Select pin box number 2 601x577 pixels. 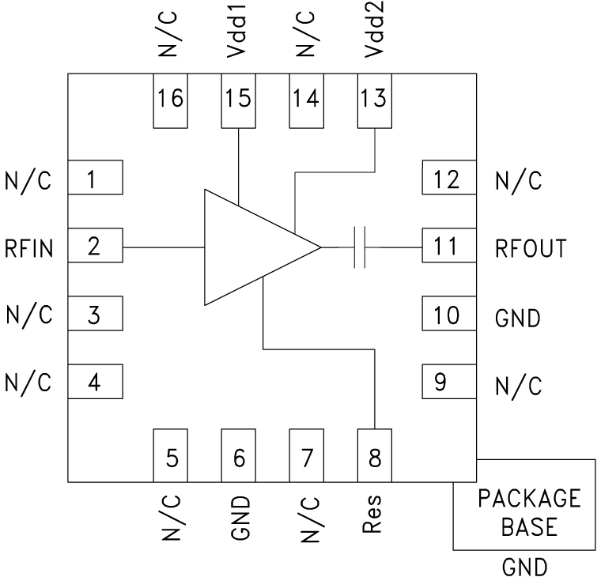point(94,247)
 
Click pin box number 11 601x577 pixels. point(448,247)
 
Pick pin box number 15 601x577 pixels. point(238,100)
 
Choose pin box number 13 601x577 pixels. point(375,100)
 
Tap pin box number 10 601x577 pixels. point(448,315)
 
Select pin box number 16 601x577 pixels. point(169,100)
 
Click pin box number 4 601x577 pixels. point(94,383)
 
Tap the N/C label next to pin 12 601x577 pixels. point(518,180)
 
